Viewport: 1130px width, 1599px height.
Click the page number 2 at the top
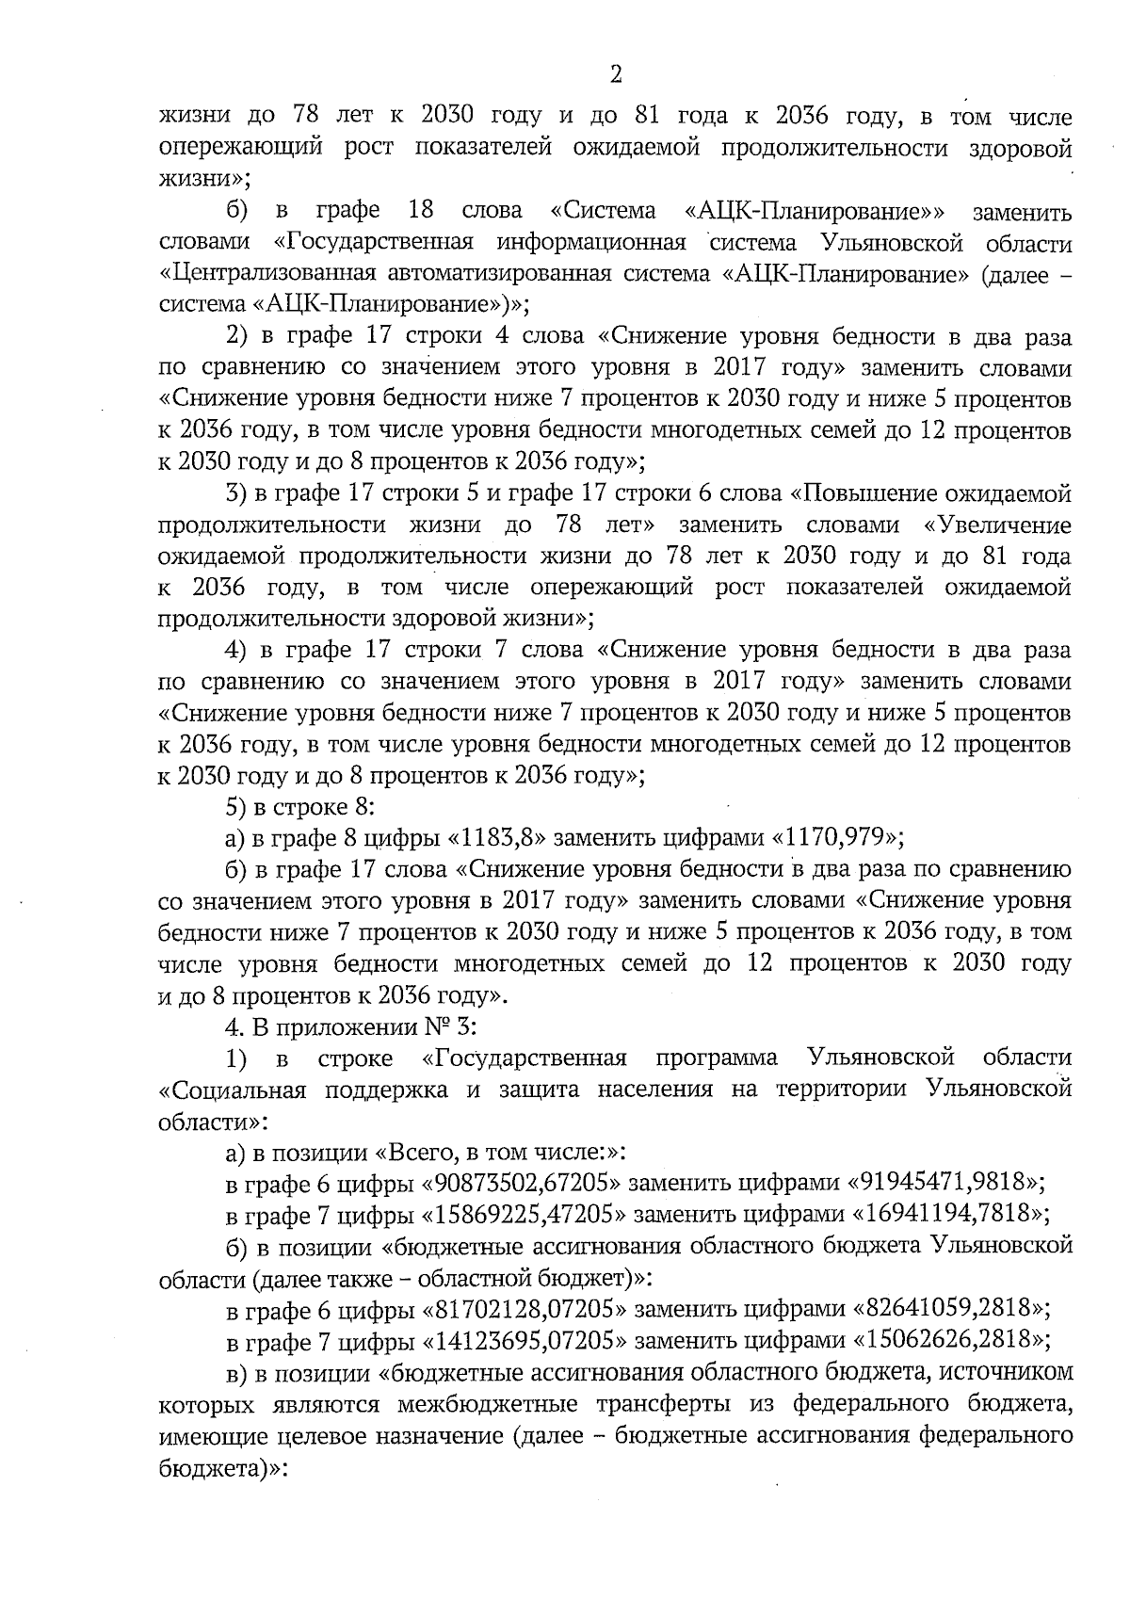[616, 74]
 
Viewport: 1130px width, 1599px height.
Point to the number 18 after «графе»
[421, 211]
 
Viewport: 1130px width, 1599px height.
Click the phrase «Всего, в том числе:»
[493, 1151]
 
